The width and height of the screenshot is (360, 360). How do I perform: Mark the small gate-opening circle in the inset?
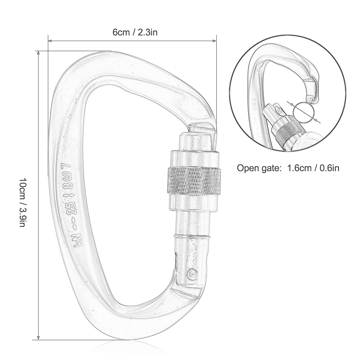click(x=302, y=111)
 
